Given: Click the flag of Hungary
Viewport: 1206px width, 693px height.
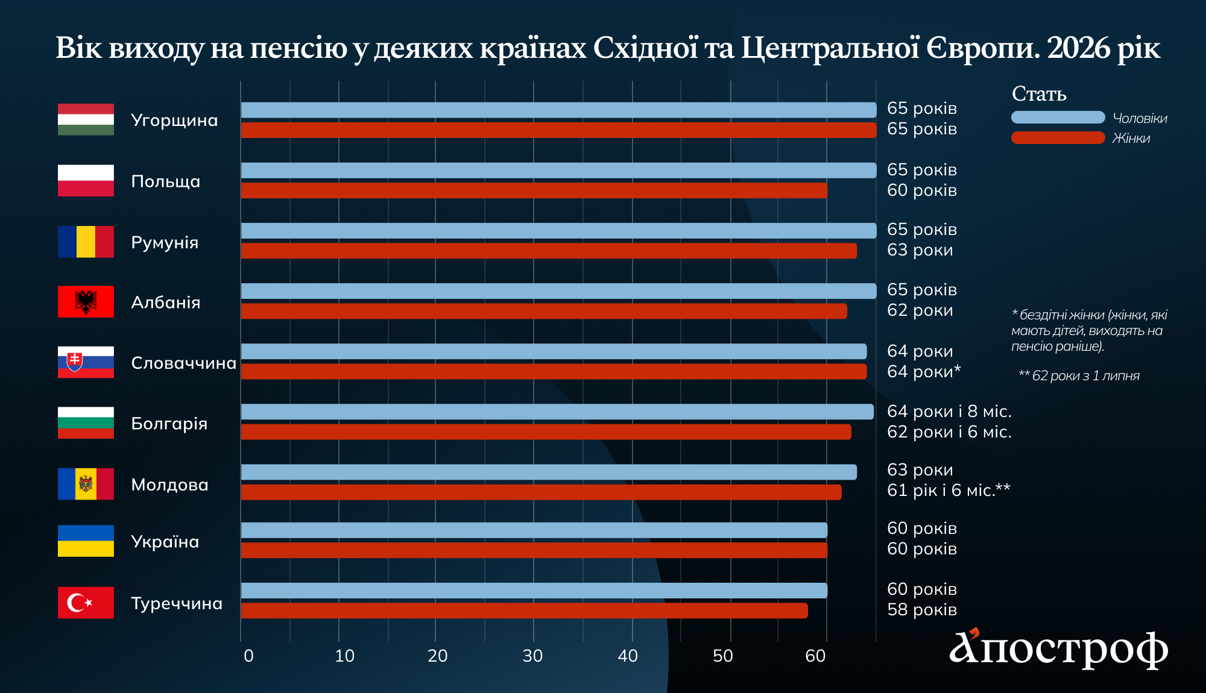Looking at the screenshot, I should pyautogui.click(x=86, y=119).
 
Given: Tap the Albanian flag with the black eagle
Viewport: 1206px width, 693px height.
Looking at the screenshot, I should pyautogui.click(x=86, y=301).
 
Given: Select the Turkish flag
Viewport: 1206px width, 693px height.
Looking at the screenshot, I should pyautogui.click(x=86, y=603).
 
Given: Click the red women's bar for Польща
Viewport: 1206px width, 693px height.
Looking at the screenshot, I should pyautogui.click(x=534, y=190).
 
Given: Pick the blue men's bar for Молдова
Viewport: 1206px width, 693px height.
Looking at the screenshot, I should pyautogui.click(x=549, y=472).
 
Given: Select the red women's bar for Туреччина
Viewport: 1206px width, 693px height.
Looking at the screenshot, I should pyautogui.click(x=524, y=610).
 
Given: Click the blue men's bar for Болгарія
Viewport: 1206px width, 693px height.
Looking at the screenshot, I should pyautogui.click(x=557, y=412).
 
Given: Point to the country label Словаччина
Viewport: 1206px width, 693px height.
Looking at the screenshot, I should pyautogui.click(x=183, y=363).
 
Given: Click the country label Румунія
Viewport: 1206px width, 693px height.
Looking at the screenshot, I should pyautogui.click(x=165, y=242).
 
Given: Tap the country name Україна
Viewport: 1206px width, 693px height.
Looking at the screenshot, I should pyautogui.click(x=165, y=542).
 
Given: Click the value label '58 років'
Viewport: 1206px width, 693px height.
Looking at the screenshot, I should pyautogui.click(x=922, y=610).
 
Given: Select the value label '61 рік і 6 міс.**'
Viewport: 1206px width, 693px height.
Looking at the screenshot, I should pyautogui.click(x=949, y=491).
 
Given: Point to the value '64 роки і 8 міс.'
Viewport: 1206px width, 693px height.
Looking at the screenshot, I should pyautogui.click(x=949, y=412).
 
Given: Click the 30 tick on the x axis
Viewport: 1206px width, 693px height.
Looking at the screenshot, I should pyautogui.click(x=532, y=656).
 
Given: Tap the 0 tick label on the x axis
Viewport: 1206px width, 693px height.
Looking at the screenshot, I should pyautogui.click(x=248, y=656).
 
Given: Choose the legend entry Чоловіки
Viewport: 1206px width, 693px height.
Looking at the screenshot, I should pyautogui.click(x=1140, y=118).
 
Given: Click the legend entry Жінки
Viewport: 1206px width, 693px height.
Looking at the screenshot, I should pyautogui.click(x=1131, y=138).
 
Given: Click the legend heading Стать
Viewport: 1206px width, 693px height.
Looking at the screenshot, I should pyautogui.click(x=1039, y=94).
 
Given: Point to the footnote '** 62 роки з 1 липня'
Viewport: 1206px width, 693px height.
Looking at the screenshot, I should pyautogui.click(x=1079, y=376).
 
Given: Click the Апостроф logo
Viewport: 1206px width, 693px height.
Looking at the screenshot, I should pyautogui.click(x=1058, y=648).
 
